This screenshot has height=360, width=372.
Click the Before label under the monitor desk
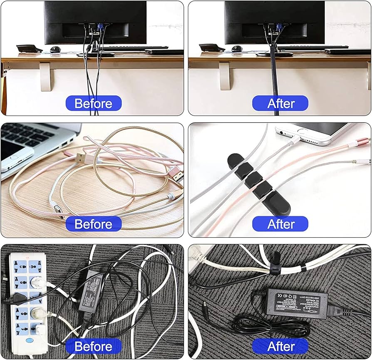94,103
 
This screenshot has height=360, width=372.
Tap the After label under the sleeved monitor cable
280,103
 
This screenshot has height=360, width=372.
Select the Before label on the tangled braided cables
94,224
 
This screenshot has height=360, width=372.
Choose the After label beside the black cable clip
280,224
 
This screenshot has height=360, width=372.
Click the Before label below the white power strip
94,346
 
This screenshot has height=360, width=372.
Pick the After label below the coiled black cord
280,346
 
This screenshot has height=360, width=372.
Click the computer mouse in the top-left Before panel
55,49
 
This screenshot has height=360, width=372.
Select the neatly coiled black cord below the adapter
270,327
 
